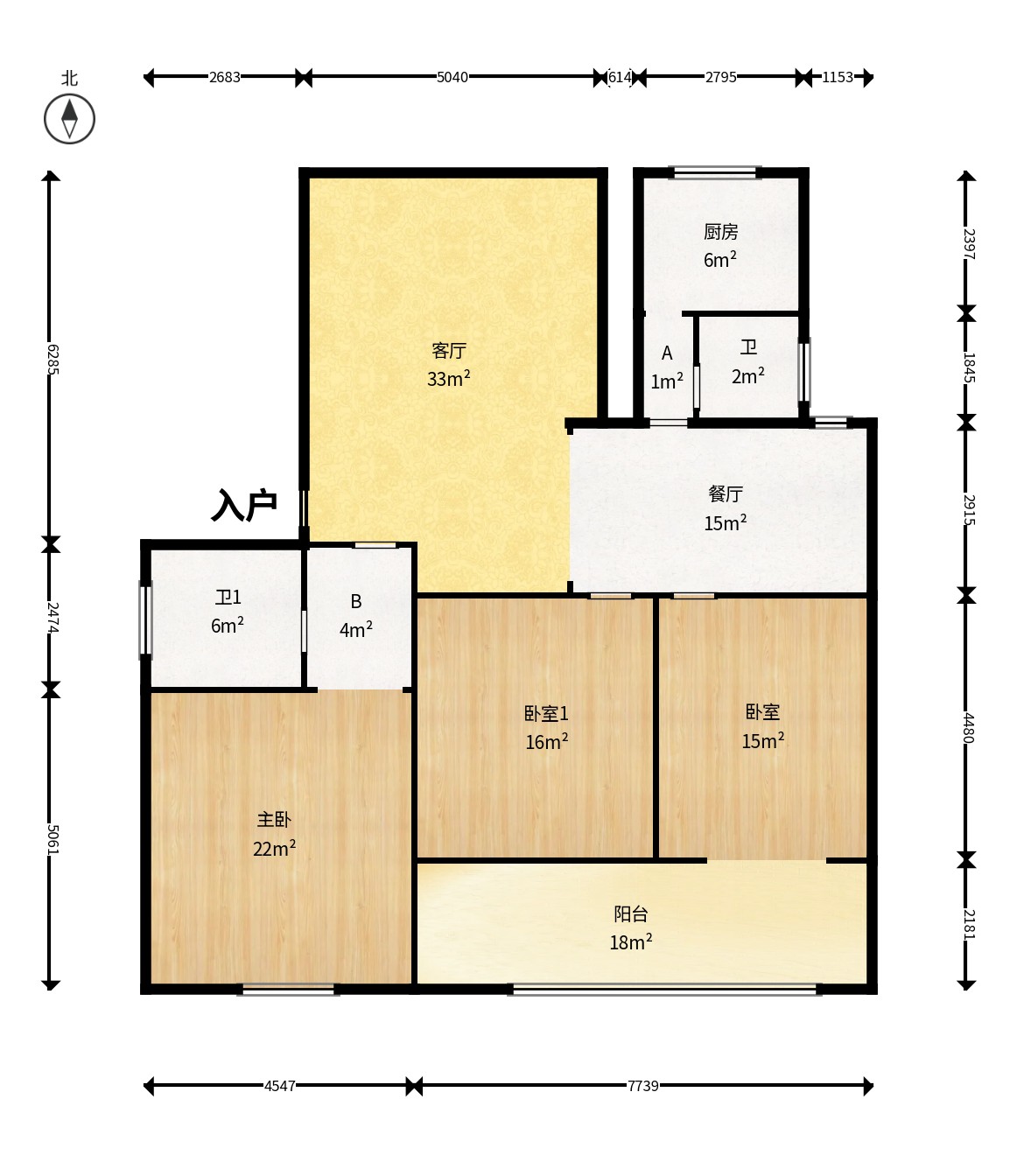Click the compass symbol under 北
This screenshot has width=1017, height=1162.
point(69,119)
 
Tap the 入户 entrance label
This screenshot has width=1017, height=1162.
point(244,505)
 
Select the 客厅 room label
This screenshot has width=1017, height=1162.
point(449,350)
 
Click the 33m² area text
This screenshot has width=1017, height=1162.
point(449,379)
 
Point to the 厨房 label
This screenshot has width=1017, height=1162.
point(720,232)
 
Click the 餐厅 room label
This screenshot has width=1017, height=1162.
point(726,494)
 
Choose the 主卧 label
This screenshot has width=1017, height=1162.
point(274,820)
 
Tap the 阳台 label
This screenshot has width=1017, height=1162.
point(631,913)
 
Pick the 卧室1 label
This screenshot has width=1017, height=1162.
point(546,714)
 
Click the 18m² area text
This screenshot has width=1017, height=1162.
point(631,942)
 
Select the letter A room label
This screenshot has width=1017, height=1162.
point(667,353)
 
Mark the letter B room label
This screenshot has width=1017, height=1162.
point(356,601)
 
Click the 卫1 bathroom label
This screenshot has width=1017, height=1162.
point(228,598)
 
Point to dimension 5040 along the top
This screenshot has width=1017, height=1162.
point(452,77)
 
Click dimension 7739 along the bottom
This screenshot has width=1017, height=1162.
point(643,1086)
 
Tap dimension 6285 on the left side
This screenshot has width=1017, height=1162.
point(53,360)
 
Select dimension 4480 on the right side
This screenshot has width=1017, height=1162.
point(969,729)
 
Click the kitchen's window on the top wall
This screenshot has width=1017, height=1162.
point(715,172)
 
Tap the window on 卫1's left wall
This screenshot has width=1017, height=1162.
point(146,620)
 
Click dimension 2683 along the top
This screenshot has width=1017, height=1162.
point(224,77)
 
